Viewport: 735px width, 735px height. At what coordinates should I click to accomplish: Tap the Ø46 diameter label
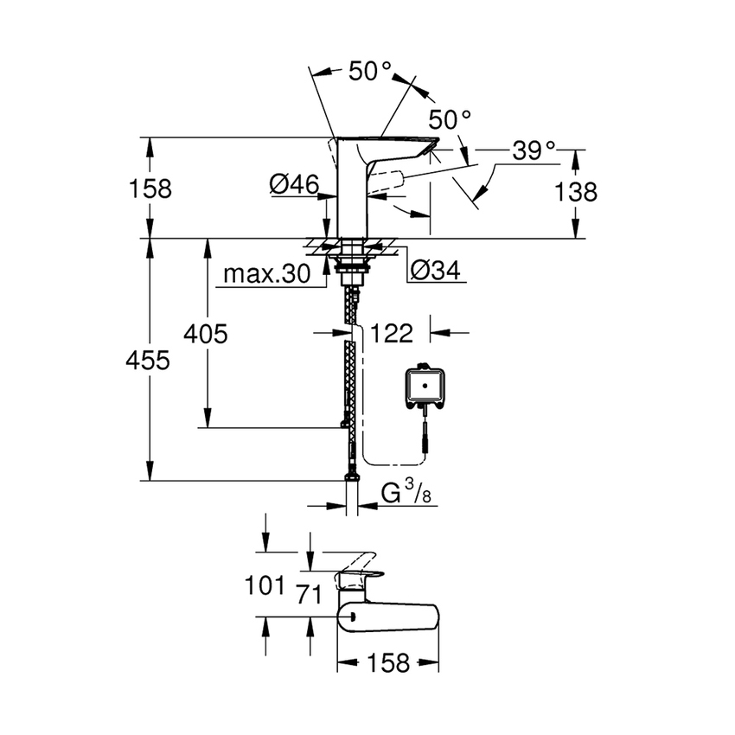[x=294, y=182]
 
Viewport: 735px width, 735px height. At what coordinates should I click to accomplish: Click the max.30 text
[x=265, y=275]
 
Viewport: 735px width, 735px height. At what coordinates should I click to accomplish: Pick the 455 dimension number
[x=147, y=361]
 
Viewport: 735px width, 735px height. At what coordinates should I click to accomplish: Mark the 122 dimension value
[x=393, y=333]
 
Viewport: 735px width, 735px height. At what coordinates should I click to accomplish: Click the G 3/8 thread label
[x=406, y=494]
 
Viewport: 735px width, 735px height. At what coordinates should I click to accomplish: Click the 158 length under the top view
[x=387, y=663]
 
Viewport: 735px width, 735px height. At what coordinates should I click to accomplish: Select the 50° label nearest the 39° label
[x=451, y=118]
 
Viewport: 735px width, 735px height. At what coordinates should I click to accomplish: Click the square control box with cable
[x=425, y=386]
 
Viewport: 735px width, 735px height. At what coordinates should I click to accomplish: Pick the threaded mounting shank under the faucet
[x=350, y=269]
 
